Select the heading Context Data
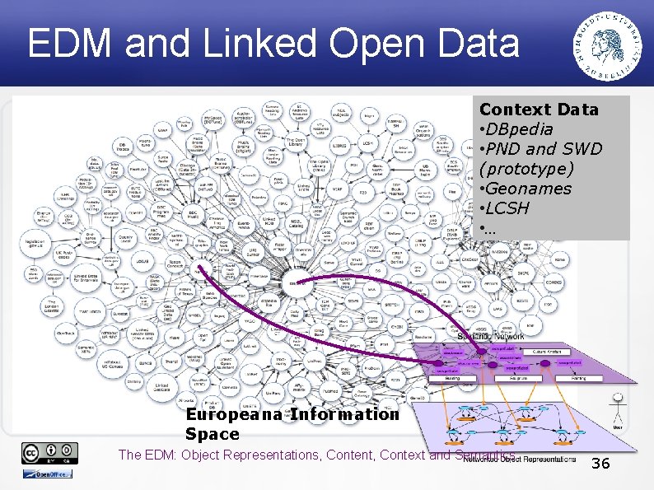pos(539,110)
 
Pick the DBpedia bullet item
pos(518,129)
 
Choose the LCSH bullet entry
pos(512,208)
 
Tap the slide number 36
pos(600,464)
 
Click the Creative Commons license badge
pos(49,453)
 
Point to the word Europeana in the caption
pos(234,414)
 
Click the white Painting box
pos(578,378)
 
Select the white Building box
pos(453,378)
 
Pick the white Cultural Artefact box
pos(545,352)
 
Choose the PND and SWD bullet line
pos(544,149)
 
